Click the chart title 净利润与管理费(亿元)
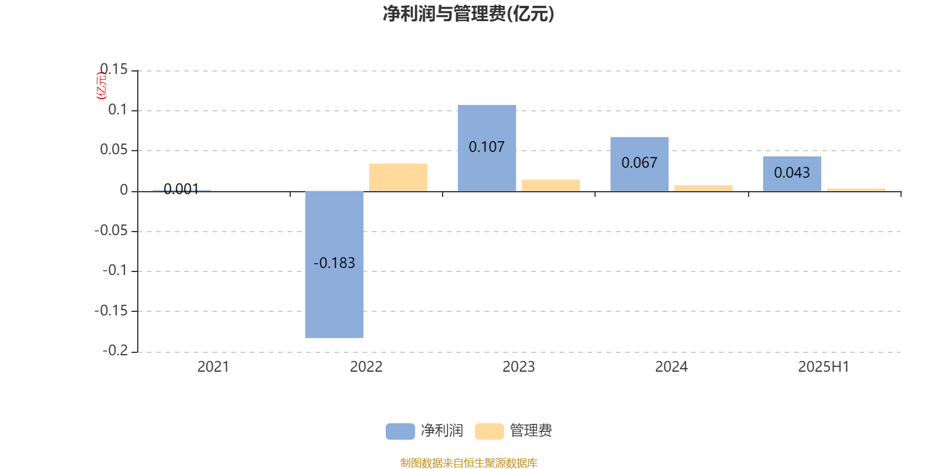pos(468,14)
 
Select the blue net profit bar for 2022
pos(334,264)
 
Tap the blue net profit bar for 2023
pos(487,148)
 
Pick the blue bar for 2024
pos(640,164)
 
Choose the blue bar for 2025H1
pos(792,174)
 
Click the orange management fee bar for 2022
pos(398,178)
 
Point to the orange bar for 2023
pos(550,185)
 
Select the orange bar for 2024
pos(704,188)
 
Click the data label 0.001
pos(181,189)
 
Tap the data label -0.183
pos(334,263)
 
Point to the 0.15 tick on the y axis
pos(114,69)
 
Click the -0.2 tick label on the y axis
pos(115,351)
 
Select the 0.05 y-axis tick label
pos(114,149)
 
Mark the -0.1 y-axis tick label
pos(115,270)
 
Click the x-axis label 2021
pos(213,367)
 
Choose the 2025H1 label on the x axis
pos(824,367)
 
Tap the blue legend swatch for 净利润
pos(400,431)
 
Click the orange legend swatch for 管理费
pos(489,431)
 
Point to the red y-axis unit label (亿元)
pos(101,86)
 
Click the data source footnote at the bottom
pos(468,463)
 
